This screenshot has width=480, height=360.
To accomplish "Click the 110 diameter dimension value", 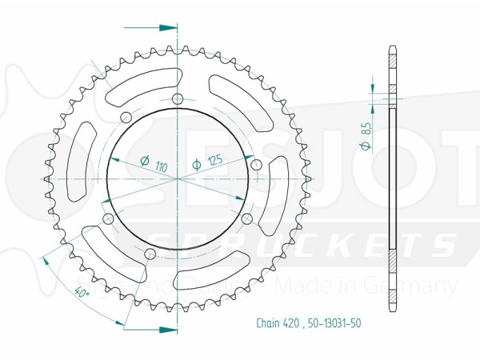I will (162, 167).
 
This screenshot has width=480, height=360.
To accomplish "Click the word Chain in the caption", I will (268, 324).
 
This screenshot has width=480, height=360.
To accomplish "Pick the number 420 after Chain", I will (290, 324).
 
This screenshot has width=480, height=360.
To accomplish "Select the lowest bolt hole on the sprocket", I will (150, 254).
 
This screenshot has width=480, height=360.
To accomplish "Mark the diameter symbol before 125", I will (196, 165).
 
